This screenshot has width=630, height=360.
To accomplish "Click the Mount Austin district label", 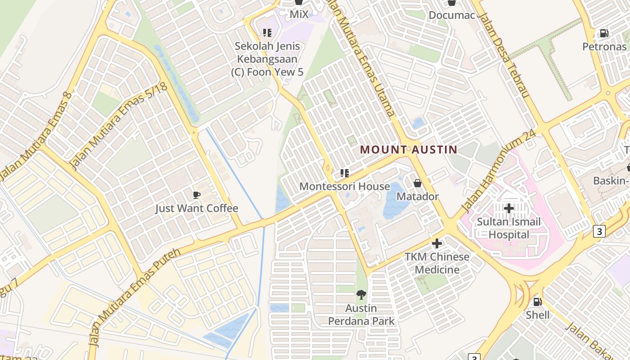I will pos(409,149).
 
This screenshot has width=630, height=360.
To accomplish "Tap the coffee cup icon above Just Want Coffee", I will pos(196,195).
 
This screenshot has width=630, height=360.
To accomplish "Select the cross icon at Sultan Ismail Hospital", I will pos(509,208).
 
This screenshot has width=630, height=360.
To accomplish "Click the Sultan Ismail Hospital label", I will pos(509,228).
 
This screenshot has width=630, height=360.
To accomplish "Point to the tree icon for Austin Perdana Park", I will pos(361,295).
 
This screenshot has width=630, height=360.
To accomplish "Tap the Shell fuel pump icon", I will pos(537,301).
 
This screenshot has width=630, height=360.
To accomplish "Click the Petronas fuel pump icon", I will pos(604,33).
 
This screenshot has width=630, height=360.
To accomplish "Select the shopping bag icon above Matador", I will pos(417,183).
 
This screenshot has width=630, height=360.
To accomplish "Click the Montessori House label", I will pos(345,186).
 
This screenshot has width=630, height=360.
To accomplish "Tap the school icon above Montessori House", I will pos(345,173).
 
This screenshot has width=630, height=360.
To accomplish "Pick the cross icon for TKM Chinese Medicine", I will pos(436,243).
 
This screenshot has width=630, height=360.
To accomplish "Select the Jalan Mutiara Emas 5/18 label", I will pos(119,126).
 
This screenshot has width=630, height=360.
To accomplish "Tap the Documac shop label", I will pos(452,15).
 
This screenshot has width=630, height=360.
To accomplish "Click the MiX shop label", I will pos(299,14).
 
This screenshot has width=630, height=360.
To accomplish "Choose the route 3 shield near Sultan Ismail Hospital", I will pos(599,231).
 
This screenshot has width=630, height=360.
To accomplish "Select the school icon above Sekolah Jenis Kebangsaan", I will pos(267,33).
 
